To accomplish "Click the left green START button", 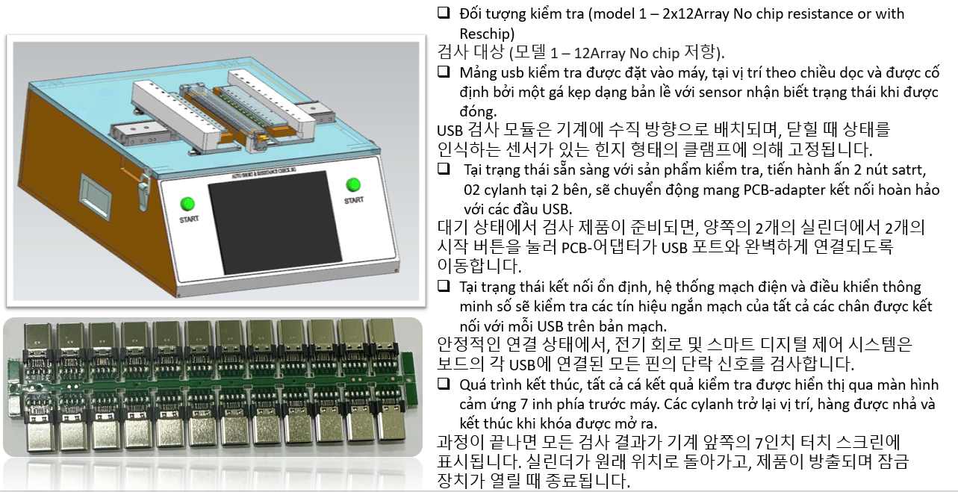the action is tap(187, 204).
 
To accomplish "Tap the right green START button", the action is tap(353, 184).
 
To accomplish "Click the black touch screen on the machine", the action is tap(275, 222).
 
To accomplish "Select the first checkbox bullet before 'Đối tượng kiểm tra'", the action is tap(444, 13).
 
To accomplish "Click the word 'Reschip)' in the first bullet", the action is tap(487, 34).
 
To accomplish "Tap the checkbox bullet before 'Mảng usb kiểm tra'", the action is tap(444, 71).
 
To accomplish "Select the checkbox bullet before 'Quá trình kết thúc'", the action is tap(444, 383).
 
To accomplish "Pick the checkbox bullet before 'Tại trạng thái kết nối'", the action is tap(444, 285).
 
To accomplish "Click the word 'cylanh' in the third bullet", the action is tap(506, 190).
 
